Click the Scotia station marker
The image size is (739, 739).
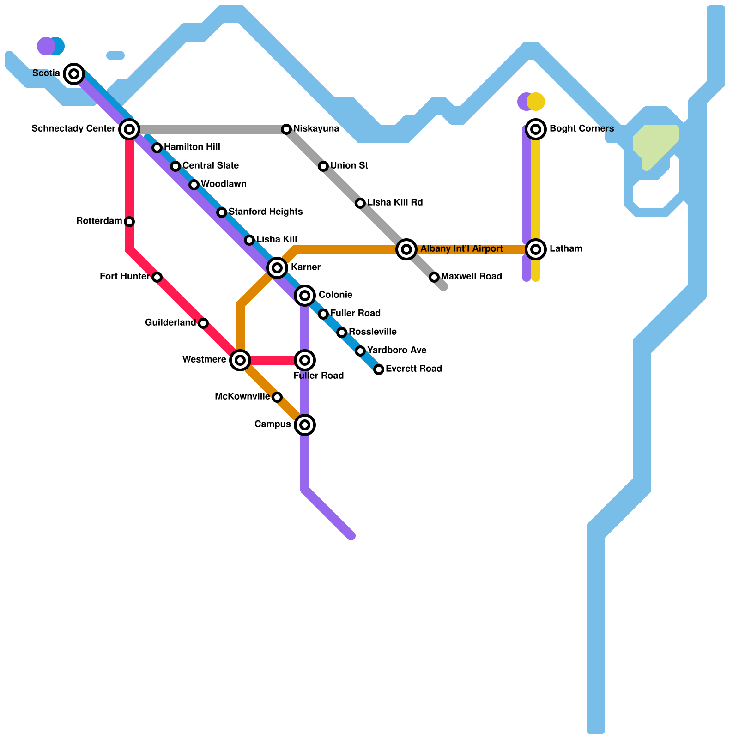[x=74, y=73]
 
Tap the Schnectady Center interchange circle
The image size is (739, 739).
[x=129, y=129]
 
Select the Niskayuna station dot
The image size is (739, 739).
[x=286, y=129]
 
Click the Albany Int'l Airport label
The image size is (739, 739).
[x=461, y=249]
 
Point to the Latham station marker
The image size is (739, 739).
[x=536, y=249]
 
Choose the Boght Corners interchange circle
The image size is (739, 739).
[x=536, y=129]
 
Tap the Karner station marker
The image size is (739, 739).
[x=277, y=267]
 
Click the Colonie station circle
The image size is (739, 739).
[x=305, y=295]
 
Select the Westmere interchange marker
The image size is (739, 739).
[x=240, y=360]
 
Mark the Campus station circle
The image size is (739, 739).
[x=305, y=424]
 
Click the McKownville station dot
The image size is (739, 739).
[x=277, y=397]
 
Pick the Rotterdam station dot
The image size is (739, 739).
[x=129, y=221]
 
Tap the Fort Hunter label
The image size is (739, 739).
[x=124, y=277]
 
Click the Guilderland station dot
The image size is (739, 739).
[x=203, y=323]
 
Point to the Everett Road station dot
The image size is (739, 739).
[x=379, y=369]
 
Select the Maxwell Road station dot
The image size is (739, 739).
[x=434, y=277]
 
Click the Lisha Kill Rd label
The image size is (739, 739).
[x=395, y=203]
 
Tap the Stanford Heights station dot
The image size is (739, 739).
[x=222, y=212]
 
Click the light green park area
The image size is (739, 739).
[x=656, y=143]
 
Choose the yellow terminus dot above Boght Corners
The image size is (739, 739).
[x=537, y=102]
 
